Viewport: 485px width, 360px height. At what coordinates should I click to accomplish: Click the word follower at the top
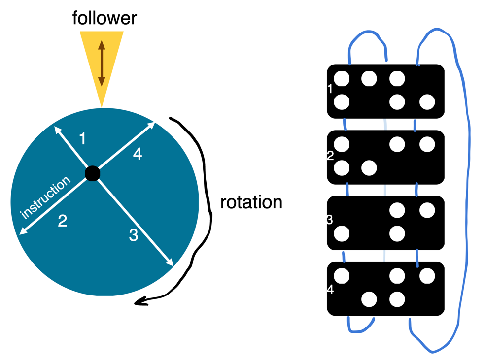[104, 18]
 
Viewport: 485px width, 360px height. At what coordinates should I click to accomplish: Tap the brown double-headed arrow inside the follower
[102, 63]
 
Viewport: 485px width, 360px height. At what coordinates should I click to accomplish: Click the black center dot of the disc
[92, 173]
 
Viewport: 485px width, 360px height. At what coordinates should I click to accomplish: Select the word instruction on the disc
[45, 198]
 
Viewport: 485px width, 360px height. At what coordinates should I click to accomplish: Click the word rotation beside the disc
[251, 202]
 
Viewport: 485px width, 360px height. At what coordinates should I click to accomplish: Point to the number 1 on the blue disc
[82, 139]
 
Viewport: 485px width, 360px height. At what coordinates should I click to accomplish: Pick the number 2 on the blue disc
[62, 221]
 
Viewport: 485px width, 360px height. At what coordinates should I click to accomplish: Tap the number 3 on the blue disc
[133, 235]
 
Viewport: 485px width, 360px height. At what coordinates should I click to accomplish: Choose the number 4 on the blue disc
[138, 154]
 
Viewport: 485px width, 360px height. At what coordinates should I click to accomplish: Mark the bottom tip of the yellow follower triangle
[102, 105]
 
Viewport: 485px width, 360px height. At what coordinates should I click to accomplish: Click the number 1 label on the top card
[330, 89]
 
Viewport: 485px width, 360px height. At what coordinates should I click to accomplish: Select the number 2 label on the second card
[330, 156]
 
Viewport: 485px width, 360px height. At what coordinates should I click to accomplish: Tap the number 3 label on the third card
[330, 220]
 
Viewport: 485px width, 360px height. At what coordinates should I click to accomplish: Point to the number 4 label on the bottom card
[330, 290]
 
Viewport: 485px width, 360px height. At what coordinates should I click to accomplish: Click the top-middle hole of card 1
[369, 78]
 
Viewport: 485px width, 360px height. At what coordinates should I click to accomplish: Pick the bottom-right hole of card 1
[427, 102]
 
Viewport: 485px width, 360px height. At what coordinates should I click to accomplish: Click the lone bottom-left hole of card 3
[342, 233]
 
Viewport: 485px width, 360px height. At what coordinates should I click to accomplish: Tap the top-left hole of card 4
[342, 276]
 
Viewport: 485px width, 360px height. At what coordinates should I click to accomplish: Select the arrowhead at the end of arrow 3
[171, 263]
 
